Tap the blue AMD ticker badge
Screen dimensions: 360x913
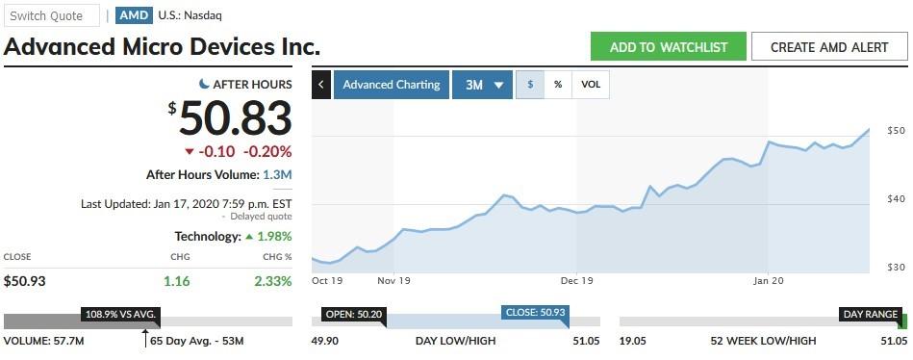[x=133, y=15]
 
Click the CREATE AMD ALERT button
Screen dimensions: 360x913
[x=828, y=47]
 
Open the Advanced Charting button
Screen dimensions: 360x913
[x=392, y=85]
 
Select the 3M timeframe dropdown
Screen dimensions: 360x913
[x=484, y=85]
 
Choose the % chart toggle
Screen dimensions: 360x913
[x=558, y=85]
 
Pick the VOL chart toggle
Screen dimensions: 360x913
[x=591, y=85]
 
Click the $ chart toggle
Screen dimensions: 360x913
[x=530, y=85]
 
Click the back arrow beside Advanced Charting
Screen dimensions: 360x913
[x=321, y=85]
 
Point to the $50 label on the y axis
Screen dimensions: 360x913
[x=896, y=130]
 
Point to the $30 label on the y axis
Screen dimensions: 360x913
[x=896, y=267]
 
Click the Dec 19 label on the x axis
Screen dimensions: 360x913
[x=576, y=281]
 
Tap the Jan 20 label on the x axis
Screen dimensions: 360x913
[x=768, y=281]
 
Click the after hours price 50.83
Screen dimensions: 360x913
[x=235, y=119]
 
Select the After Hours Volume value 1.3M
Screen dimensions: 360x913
[x=277, y=174]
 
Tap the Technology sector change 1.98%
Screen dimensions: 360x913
[x=273, y=236]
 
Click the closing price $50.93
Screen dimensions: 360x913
[x=25, y=281]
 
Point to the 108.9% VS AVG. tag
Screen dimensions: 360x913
[x=121, y=315]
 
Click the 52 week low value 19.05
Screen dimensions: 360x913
[x=633, y=341]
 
